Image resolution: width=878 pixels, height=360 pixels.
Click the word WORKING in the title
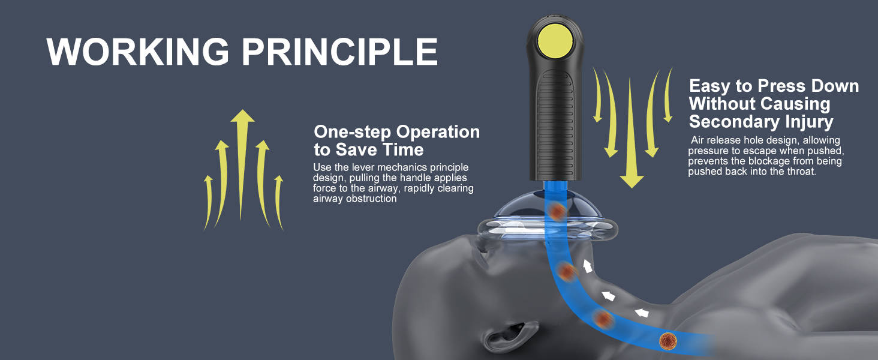pyautogui.click(x=137, y=52)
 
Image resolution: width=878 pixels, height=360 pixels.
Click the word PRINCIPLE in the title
pyautogui.click(x=339, y=52)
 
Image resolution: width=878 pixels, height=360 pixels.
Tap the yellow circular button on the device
pyautogui.click(x=554, y=40)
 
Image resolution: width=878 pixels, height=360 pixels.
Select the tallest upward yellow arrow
pyautogui.click(x=242, y=165)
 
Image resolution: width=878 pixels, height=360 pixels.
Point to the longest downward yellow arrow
pyautogui.click(x=631, y=133)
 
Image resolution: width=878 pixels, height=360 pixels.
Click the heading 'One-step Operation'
pyautogui.click(x=396, y=132)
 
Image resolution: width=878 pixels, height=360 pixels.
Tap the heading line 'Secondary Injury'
pyautogui.click(x=761, y=122)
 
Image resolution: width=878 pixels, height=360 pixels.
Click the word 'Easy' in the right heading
pyautogui.click(x=709, y=86)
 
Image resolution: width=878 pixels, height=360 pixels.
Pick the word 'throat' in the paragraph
pyautogui.click(x=800, y=172)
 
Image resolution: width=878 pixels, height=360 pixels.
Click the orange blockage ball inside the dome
pyautogui.click(x=557, y=212)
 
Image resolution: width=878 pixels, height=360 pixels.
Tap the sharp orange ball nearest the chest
pyautogui.click(x=668, y=341)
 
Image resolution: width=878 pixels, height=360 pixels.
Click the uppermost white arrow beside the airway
pyautogui.click(x=587, y=266)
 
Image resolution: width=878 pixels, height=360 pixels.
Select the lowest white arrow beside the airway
pyautogui.click(x=642, y=313)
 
